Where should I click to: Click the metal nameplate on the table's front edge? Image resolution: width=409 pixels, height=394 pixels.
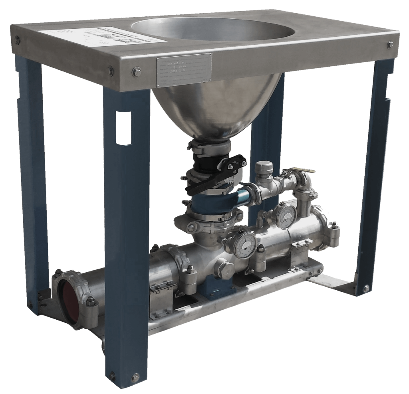[x=184, y=70]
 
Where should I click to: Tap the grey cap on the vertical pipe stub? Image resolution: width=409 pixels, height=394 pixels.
[x=264, y=167]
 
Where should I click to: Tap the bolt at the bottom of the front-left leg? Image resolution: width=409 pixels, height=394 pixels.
[x=135, y=377]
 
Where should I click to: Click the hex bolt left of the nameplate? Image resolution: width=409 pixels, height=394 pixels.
[x=136, y=72]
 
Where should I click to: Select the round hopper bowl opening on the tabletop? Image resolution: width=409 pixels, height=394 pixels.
[x=212, y=29]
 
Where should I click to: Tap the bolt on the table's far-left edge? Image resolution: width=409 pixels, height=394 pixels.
[x=17, y=40]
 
